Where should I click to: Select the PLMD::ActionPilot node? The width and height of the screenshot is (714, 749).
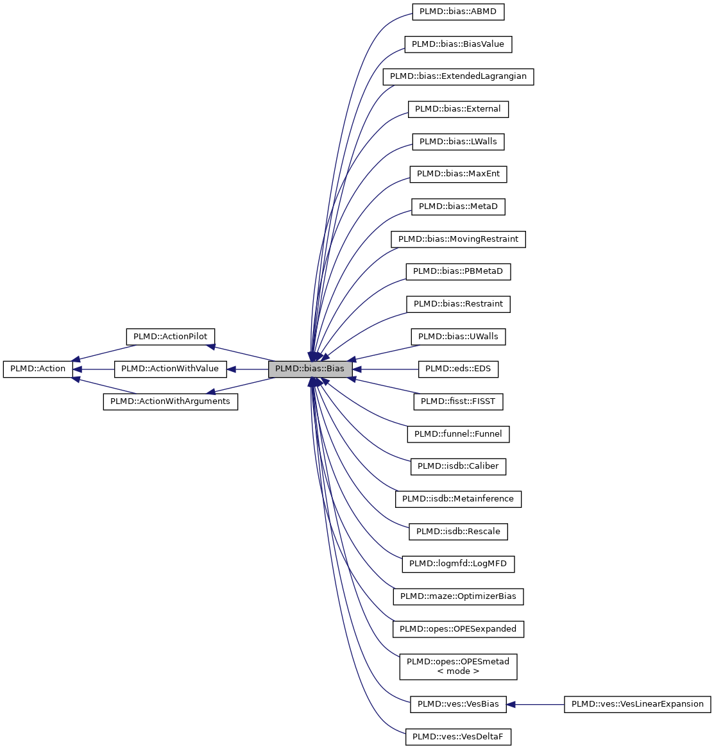point(170,337)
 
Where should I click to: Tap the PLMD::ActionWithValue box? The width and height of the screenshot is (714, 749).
point(170,369)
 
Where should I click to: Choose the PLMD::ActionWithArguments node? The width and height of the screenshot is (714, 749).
point(170,401)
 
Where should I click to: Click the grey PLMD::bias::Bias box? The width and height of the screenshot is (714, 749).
point(310,369)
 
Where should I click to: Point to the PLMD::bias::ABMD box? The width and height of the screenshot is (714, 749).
point(458,12)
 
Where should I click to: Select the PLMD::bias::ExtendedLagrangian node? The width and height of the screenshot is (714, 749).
point(458,76)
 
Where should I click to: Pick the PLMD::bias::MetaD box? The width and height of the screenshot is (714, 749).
point(458,206)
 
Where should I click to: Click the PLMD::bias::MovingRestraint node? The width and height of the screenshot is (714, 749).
point(458,239)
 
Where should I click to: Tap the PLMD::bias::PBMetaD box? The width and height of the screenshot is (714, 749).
point(458,271)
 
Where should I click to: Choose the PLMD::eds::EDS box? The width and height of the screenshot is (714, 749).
point(458,369)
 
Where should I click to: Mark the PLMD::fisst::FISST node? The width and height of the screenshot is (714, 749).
point(458,401)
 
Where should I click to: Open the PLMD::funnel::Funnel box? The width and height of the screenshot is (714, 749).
point(458,434)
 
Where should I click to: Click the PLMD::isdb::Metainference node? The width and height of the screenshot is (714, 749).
point(458,499)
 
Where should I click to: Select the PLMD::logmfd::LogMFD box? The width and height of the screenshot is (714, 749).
point(458,564)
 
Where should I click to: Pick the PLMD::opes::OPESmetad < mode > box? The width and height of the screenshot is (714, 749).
point(458,666)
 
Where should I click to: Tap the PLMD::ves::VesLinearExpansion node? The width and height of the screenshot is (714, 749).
point(638,704)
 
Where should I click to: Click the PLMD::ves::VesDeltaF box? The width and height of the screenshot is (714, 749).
point(458,737)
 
